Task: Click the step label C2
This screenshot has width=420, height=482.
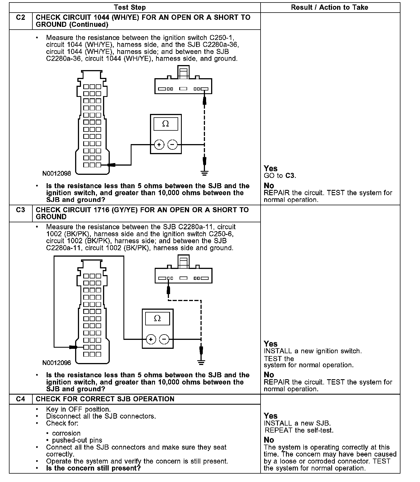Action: click(x=21, y=18)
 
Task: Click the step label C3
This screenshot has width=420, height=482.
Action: click(x=21, y=210)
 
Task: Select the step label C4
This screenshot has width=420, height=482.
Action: click(x=21, y=399)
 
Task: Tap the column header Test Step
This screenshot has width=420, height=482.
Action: click(x=130, y=8)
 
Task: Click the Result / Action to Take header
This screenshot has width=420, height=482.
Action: click(x=330, y=8)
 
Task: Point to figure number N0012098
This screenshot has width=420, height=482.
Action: click(x=57, y=173)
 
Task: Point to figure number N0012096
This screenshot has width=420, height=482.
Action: click(x=57, y=363)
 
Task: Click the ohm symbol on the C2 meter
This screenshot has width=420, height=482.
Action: click(x=166, y=124)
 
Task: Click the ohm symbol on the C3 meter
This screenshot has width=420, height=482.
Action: click(x=157, y=318)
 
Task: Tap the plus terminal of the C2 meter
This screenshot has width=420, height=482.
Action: click(x=159, y=145)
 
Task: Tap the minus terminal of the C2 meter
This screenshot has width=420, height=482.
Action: click(x=172, y=145)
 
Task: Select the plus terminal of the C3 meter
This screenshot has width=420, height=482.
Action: click(x=151, y=339)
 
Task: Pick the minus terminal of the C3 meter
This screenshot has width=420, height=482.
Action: click(x=164, y=339)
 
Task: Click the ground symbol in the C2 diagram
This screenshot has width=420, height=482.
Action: click(x=205, y=173)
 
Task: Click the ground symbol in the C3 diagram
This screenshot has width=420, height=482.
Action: click(x=201, y=362)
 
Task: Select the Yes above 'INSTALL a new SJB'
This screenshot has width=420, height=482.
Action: click(x=271, y=416)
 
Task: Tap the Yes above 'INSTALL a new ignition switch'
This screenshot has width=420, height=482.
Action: click(x=271, y=344)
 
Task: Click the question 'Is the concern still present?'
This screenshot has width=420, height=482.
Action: click(x=93, y=468)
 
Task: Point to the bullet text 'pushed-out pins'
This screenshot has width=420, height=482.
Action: click(x=77, y=440)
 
